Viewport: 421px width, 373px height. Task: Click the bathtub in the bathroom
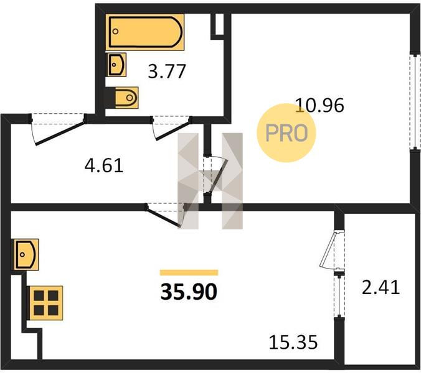point(145,33)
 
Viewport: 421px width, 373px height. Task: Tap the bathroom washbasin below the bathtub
point(116,63)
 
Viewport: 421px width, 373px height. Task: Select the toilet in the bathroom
point(125,98)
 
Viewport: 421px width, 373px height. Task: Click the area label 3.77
point(167,72)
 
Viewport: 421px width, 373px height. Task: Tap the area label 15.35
point(293,341)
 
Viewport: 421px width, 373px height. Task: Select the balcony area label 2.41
point(379,287)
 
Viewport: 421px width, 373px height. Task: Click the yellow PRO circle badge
point(286,132)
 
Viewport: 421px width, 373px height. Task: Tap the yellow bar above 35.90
point(189,272)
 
